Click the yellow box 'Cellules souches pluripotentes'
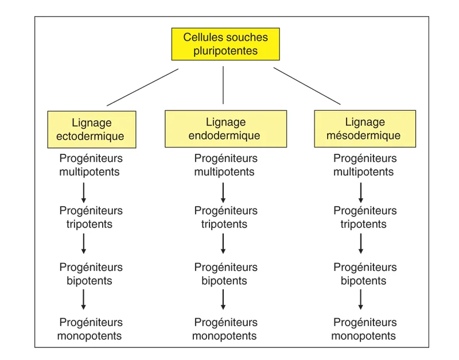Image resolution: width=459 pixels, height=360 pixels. point(225,44)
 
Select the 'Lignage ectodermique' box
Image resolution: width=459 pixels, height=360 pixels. point(92,130)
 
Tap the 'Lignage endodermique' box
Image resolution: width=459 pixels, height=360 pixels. point(225,129)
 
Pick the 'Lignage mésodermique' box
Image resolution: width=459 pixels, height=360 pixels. point(364,129)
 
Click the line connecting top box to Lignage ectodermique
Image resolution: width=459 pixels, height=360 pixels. point(142,87)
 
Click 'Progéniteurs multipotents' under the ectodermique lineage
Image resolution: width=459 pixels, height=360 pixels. point(90,165)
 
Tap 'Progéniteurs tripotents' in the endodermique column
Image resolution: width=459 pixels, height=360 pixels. point(225,218)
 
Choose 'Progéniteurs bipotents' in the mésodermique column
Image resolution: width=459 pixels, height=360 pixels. point(364,274)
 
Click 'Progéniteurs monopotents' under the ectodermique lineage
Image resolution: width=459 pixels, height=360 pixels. point(90,330)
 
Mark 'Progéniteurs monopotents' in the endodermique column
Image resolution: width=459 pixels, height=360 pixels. point(225,330)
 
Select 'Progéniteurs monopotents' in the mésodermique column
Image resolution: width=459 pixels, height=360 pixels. point(364,330)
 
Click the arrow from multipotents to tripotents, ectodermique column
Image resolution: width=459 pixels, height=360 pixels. point(84,192)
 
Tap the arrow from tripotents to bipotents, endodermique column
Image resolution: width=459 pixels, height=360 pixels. point(223,243)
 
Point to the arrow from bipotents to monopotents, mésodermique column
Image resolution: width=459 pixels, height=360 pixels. point(361,299)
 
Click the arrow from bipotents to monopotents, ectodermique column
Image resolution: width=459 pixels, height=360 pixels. point(84,299)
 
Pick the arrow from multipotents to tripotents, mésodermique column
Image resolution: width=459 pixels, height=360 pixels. point(361,192)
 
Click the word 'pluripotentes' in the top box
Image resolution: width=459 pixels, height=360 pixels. point(225,51)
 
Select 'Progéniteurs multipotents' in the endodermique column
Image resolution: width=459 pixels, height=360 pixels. point(225,165)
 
